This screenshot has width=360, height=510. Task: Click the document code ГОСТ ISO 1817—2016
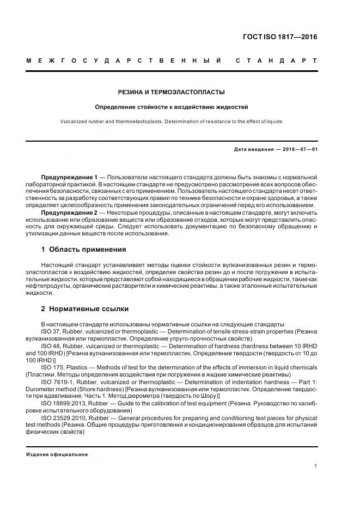click(279, 38)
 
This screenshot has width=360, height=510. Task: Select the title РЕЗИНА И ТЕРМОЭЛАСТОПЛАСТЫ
click(172, 93)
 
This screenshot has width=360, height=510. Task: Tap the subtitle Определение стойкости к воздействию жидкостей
click(172, 107)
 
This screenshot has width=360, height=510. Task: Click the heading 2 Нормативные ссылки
click(85, 308)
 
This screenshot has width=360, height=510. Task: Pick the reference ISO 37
click(50, 331)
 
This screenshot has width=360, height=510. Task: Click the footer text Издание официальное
click(57, 454)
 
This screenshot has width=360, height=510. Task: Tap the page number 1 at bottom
click(316, 465)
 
